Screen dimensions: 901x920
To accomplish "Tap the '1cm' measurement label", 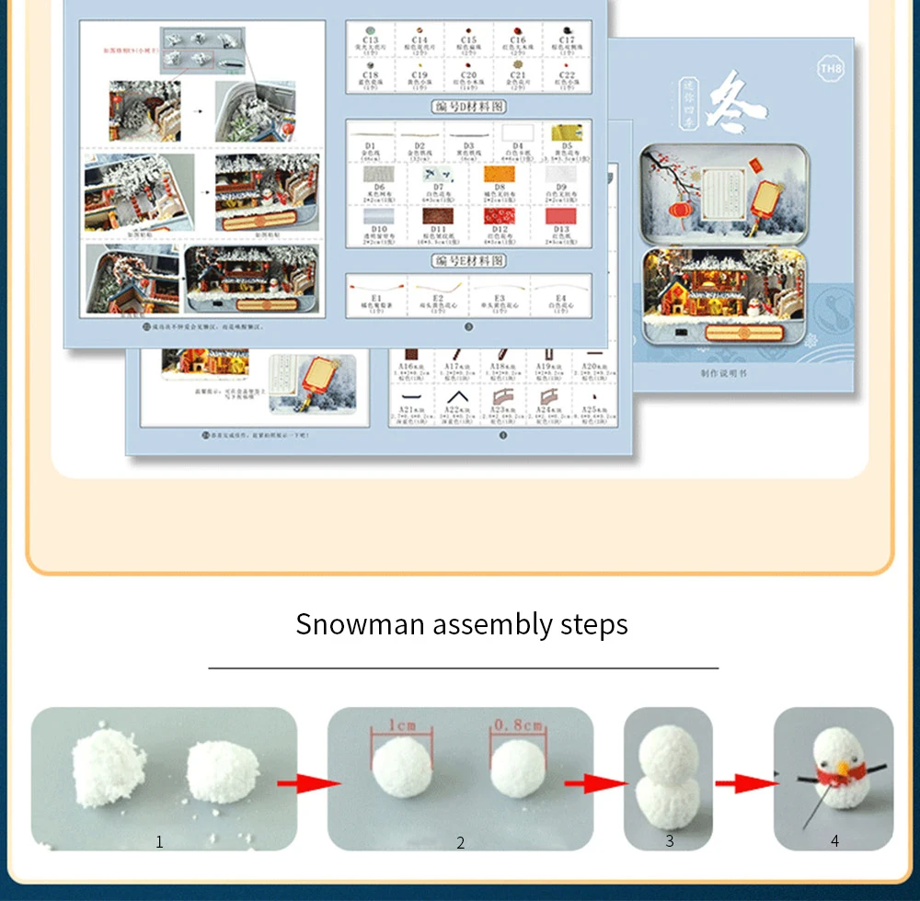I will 401,726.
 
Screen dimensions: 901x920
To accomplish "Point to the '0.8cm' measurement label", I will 517,725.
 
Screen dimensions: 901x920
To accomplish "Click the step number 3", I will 670,840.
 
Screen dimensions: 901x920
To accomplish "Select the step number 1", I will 159,841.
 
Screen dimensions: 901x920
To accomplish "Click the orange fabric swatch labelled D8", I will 499,174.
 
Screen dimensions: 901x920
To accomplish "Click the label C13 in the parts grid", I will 371,40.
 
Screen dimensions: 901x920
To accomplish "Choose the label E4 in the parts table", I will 560,298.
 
